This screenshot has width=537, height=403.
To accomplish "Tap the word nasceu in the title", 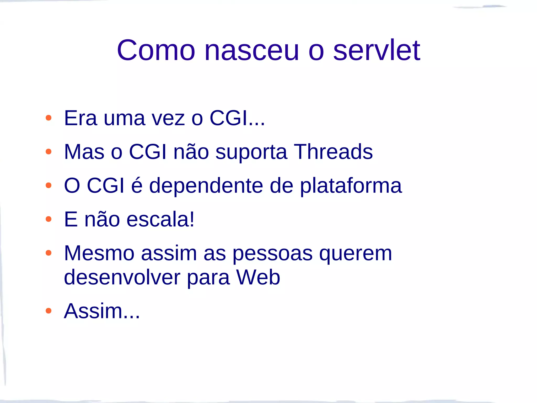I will click(251, 50).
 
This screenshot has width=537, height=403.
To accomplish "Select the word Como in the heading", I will click(156, 50).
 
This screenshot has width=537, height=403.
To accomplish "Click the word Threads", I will click(333, 152).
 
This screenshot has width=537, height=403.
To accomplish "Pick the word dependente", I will click(206, 185).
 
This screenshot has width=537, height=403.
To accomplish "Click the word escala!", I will click(160, 219).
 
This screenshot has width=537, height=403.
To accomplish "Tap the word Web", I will click(258, 277).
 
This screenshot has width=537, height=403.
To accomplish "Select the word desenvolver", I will click(122, 277).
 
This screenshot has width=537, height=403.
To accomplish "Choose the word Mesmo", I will click(99, 253).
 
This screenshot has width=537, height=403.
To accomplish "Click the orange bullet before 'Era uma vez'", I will click(49, 118).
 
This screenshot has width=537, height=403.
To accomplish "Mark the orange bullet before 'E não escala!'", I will click(49, 219).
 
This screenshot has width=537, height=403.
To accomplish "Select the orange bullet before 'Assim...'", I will click(49, 311).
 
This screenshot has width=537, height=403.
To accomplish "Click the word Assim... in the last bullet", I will click(102, 311).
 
